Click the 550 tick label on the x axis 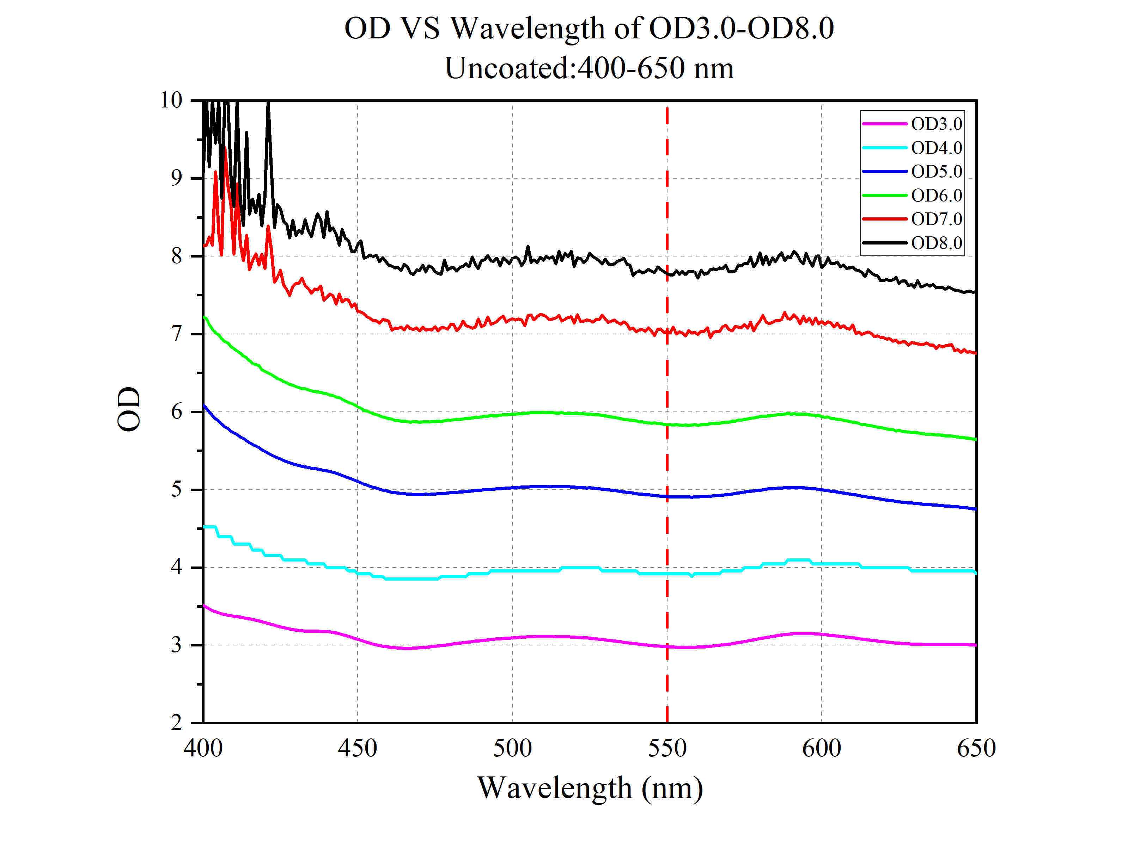pyautogui.click(x=667, y=748)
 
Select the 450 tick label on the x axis pyautogui.click(x=357, y=748)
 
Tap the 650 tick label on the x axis pyautogui.click(x=975, y=748)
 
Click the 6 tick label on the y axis pyautogui.click(x=177, y=412)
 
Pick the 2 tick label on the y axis pyautogui.click(x=177, y=723)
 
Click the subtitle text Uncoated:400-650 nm pyautogui.click(x=589, y=68)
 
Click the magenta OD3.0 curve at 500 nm pyautogui.click(x=512, y=638)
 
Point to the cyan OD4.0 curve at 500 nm pyautogui.click(x=512, y=571)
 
